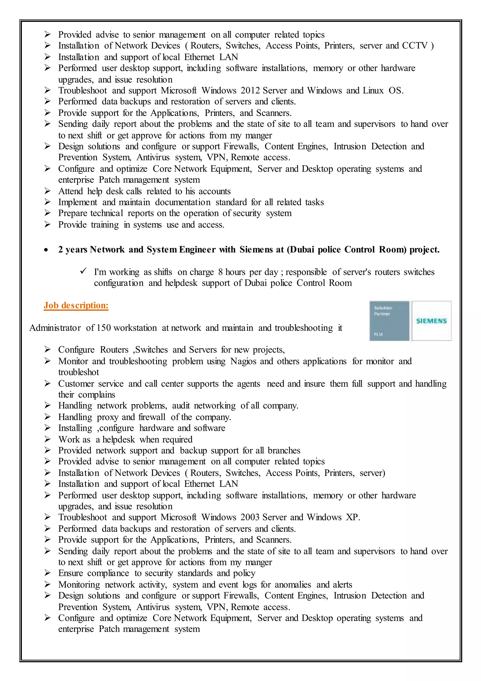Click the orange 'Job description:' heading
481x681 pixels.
click(76, 305)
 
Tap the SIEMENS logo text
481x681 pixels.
click(431, 321)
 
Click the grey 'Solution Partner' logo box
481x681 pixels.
click(389, 321)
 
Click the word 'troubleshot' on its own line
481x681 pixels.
click(78, 372)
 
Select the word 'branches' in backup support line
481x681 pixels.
click(284, 451)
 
